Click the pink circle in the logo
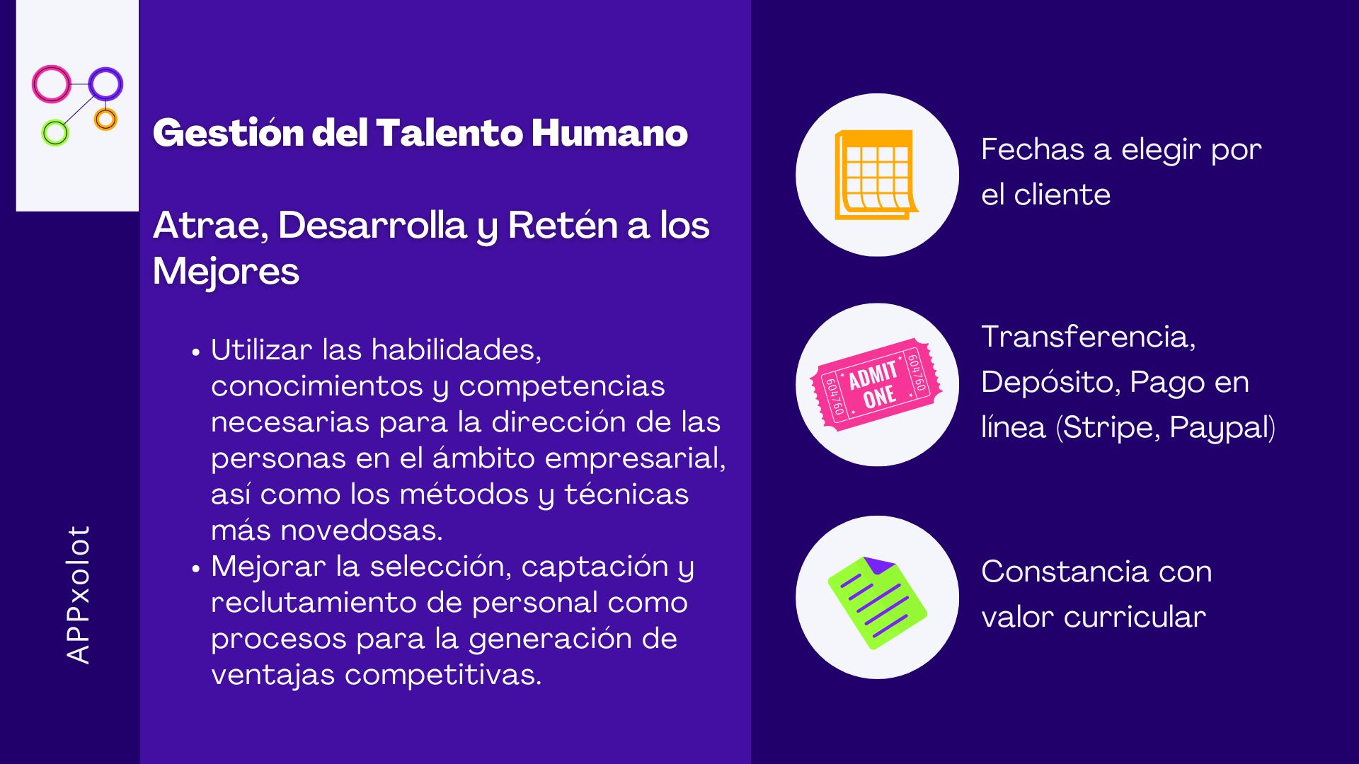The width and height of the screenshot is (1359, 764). [35, 84]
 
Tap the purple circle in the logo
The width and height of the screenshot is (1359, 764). [91, 83]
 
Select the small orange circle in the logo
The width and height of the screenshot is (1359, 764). [105, 110]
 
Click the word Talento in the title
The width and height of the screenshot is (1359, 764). [450, 133]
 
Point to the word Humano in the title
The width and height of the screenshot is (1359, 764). [609, 133]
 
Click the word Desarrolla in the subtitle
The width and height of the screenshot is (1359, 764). [372, 226]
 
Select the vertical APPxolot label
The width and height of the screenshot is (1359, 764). [78, 594]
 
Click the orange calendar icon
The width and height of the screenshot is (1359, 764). [876, 175]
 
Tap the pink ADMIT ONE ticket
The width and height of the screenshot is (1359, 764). [876, 384]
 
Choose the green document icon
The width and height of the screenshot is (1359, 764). [877, 603]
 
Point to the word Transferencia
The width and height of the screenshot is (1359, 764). [1089, 337]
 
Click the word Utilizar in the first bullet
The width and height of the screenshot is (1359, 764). [261, 350]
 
